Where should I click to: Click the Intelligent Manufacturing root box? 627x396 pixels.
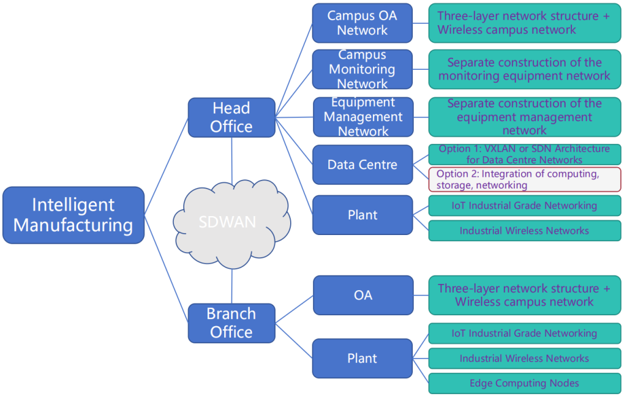[x=73, y=215]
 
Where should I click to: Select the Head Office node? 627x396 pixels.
[x=231, y=118]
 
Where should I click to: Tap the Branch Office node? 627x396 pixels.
[x=231, y=323]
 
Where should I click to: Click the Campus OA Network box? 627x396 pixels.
[x=362, y=23]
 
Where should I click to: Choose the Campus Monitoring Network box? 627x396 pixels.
[x=362, y=69]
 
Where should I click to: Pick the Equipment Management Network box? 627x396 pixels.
[x=362, y=116]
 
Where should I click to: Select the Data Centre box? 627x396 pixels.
[x=362, y=165]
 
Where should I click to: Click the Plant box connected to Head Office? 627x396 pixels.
[x=362, y=215]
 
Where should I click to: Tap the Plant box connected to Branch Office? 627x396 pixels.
[x=362, y=358]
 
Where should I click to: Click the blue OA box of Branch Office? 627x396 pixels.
[x=362, y=295]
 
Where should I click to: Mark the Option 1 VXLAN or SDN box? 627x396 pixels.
[x=525, y=154]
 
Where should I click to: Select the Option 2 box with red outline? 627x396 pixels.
[x=525, y=179]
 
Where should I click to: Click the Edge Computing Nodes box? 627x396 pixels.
[x=525, y=383]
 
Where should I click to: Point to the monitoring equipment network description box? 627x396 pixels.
[x=525, y=69]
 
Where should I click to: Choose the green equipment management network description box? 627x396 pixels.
[x=525, y=116]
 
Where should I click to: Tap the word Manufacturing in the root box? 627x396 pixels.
[x=73, y=225]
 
